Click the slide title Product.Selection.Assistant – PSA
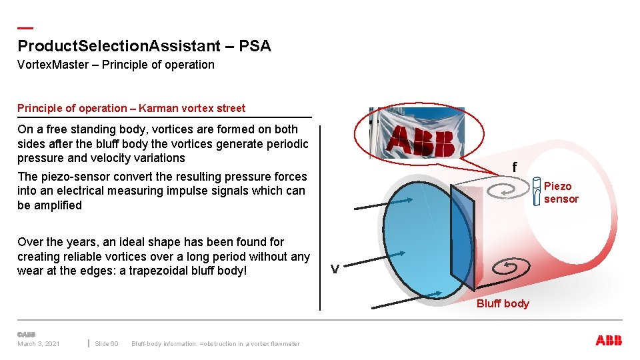click(x=144, y=46)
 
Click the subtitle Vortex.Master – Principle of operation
click(x=116, y=65)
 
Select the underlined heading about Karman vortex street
click(x=131, y=108)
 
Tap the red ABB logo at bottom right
click(x=608, y=341)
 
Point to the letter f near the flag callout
click(x=515, y=167)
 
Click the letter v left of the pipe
click(x=335, y=269)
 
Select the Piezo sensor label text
click(x=561, y=193)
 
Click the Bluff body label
click(x=503, y=304)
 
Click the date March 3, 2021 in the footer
click(x=39, y=344)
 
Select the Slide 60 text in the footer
click(x=106, y=344)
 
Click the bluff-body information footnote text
click(x=215, y=344)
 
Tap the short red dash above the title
click(x=25, y=28)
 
